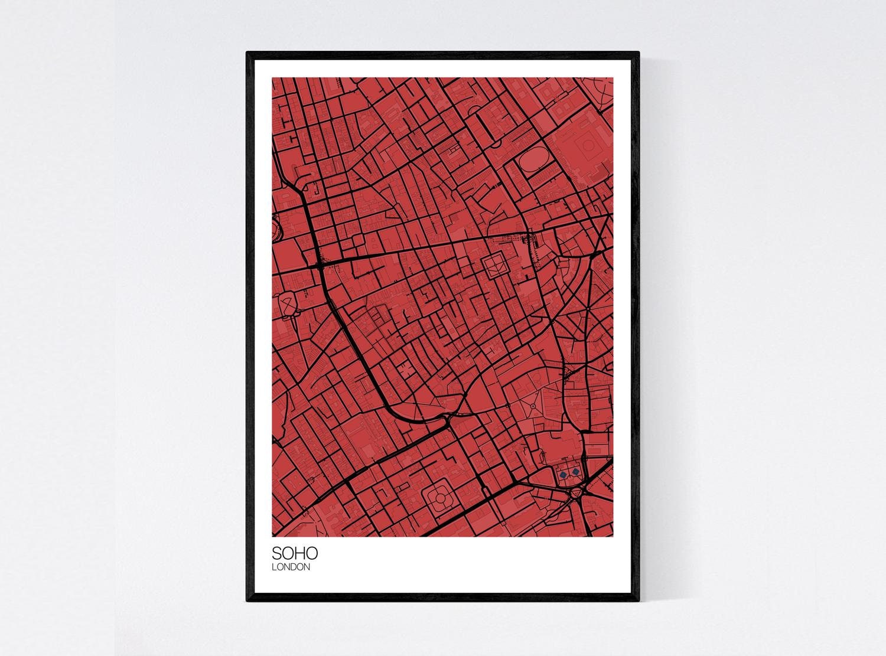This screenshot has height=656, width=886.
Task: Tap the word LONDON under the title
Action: tap(291, 567)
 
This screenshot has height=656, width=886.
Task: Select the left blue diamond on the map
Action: tap(563, 473)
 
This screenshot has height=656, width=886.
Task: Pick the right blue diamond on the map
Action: tap(574, 472)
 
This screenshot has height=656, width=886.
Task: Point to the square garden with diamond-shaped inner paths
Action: tap(493, 267)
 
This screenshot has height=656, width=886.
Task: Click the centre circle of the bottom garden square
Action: tap(439, 502)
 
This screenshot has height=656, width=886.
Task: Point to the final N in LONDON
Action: tap(307, 567)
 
